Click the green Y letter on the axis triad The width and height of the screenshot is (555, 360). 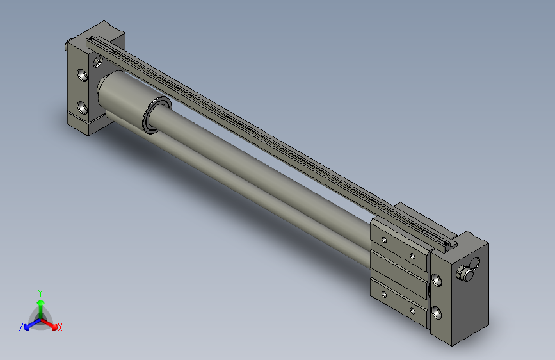point(40,292)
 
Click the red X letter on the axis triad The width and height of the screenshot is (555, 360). point(60,328)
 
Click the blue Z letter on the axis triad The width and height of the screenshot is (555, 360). point(21,327)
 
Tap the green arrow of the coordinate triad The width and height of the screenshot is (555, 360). point(40,304)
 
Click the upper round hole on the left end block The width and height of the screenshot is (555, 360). point(82,75)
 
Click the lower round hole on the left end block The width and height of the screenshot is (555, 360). point(82,106)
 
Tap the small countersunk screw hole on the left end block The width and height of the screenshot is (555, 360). point(97,61)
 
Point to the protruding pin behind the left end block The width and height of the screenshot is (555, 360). point(67,45)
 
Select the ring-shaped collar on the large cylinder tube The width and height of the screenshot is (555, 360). point(156,116)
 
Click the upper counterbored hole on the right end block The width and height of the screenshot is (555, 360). point(437,280)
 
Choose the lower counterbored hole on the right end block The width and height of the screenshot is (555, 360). point(437,313)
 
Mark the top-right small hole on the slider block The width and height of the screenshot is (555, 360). point(414,257)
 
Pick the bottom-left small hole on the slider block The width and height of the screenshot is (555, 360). point(383,294)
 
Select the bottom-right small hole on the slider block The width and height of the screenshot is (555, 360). point(414,311)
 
